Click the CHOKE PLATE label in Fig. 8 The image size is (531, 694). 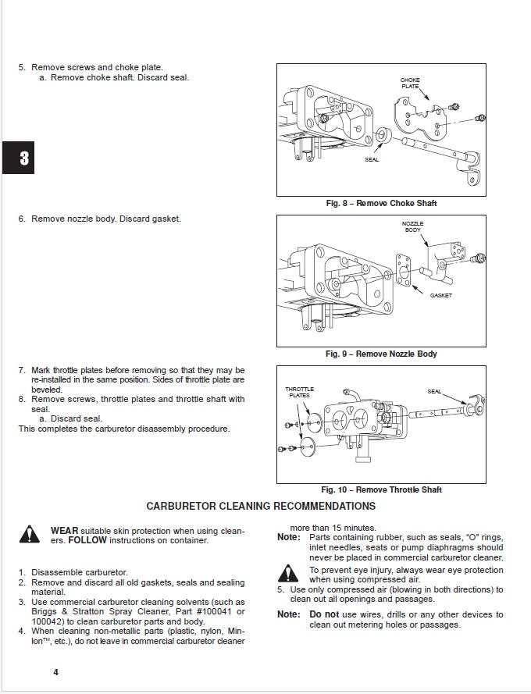click(x=410, y=84)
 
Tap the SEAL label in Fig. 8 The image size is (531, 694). click(x=372, y=159)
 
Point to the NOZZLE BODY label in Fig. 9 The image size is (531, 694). click(x=414, y=226)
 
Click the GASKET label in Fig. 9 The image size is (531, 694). click(x=440, y=295)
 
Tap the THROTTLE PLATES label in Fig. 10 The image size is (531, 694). click(x=299, y=392)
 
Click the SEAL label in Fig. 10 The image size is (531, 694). click(x=434, y=391)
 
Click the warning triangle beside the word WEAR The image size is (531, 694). click(x=30, y=534)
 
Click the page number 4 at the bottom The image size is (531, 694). click(x=55, y=672)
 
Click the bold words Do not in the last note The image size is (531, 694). click(x=323, y=614)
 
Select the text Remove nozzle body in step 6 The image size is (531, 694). click(x=74, y=219)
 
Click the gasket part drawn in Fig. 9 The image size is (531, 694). click(x=404, y=270)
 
